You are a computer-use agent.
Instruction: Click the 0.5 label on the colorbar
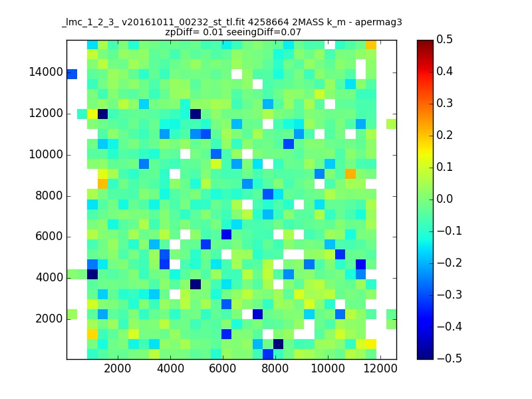pos(444,39)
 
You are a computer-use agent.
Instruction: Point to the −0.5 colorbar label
pos(450,358)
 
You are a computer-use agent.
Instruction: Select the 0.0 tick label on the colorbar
pos(444,199)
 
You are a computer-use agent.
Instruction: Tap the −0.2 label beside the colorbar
pos(450,263)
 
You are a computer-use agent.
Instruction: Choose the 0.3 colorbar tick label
pos(444,103)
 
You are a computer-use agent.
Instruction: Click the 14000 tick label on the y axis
pos(46,72)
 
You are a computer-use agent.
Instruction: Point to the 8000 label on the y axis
pos(49,196)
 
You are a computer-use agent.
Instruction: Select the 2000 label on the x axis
pos(118,368)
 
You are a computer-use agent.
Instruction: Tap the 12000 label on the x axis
pos(380,368)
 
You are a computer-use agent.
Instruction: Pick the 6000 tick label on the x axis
pos(223,368)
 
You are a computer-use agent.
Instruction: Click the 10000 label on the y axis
pos(46,154)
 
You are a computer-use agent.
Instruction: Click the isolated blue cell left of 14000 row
pos(72,74)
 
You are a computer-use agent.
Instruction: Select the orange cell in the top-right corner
pos(371,45)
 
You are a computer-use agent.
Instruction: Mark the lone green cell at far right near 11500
pos(392,124)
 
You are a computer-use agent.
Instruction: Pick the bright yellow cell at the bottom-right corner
pos(371,344)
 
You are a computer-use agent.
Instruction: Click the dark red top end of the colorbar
pos(425,42)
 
